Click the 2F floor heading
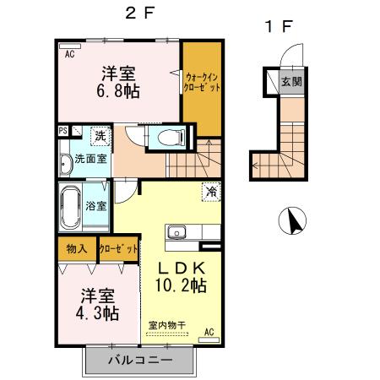(x=138, y=12)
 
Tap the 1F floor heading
(x=280, y=26)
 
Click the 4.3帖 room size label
(x=99, y=313)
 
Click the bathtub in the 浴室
(x=70, y=206)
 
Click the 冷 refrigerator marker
(x=209, y=192)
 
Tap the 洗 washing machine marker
(x=99, y=135)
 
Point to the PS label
(x=63, y=131)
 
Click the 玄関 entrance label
(x=291, y=83)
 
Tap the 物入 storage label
(x=77, y=249)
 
